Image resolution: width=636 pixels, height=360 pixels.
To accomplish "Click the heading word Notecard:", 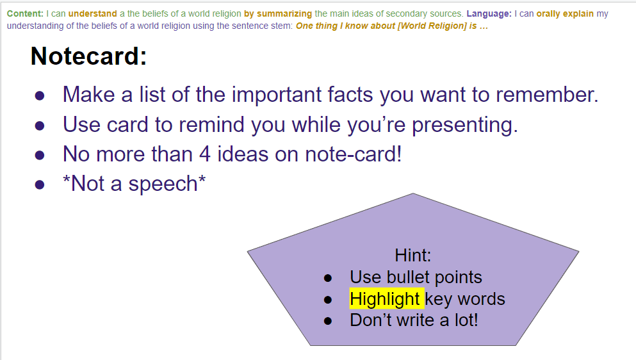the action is tap(88, 56).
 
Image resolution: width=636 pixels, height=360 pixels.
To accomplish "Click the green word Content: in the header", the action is tap(25, 13).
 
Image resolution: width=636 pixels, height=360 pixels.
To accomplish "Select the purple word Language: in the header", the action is tap(489, 13).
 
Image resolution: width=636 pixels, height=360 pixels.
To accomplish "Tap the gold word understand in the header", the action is tap(92, 13).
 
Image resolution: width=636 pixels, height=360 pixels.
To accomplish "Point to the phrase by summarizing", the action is tap(278, 14).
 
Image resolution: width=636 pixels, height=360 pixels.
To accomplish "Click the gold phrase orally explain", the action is tap(565, 14).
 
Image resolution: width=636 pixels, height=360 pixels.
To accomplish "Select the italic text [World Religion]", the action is tap(432, 26).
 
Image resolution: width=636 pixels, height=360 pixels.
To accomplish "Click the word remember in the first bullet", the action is tap(547, 95).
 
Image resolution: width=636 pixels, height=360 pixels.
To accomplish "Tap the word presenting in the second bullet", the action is tap(465, 125).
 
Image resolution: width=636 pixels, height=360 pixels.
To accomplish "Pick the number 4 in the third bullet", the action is tap(205, 154).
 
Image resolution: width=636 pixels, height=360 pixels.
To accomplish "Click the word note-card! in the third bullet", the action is tap(354, 154).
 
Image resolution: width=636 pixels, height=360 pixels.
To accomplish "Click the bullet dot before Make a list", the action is tap(40, 96).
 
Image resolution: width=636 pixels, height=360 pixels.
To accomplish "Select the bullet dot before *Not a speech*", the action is tap(40, 185).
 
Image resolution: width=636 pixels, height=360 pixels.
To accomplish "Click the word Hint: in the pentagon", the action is tap(413, 256).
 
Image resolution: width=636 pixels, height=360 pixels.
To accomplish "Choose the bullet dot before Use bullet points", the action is tap(328, 278).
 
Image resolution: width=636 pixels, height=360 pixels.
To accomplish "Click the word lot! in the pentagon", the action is tap(466, 320).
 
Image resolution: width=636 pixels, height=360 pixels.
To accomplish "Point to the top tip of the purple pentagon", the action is tap(413, 193).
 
